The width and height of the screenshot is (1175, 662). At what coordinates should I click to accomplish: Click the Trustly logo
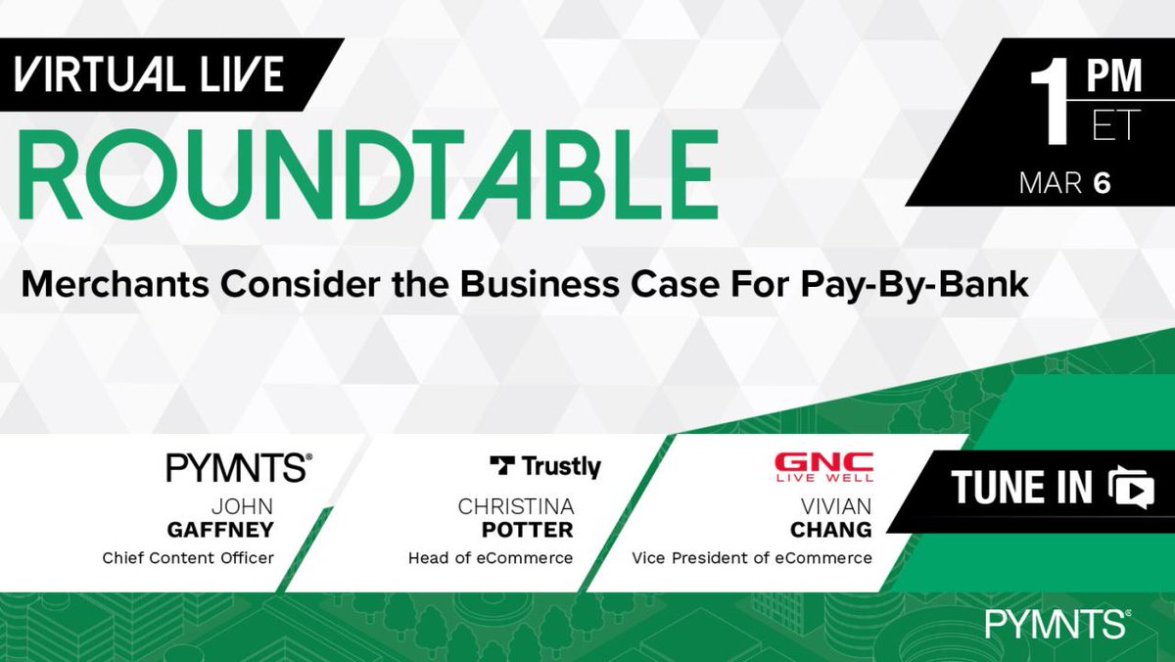544,467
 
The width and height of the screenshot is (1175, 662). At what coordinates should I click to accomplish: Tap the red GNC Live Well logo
823,467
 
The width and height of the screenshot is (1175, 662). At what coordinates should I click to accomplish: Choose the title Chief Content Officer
189,559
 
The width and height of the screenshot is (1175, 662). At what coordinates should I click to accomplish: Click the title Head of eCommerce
491,559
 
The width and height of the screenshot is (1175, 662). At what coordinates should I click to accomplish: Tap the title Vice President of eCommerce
751,559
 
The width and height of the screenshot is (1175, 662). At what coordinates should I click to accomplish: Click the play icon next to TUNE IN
1132,487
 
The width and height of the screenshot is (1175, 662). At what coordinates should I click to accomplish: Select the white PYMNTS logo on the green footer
1058,624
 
